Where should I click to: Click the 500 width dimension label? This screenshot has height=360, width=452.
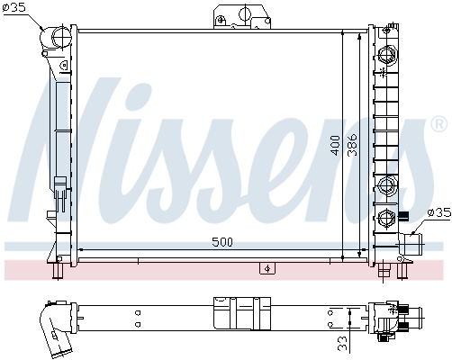click(x=222, y=242)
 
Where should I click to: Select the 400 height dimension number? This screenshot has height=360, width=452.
click(x=336, y=146)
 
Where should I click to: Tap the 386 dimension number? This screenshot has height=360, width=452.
click(x=352, y=145)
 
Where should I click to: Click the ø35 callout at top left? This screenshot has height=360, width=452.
click(x=14, y=7)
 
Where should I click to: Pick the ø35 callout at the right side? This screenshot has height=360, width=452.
click(x=439, y=212)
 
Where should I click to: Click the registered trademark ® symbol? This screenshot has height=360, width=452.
click(x=438, y=123)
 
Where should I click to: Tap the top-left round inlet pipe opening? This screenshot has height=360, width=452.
click(x=61, y=38)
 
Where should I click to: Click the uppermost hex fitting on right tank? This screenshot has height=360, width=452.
click(x=386, y=56)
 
